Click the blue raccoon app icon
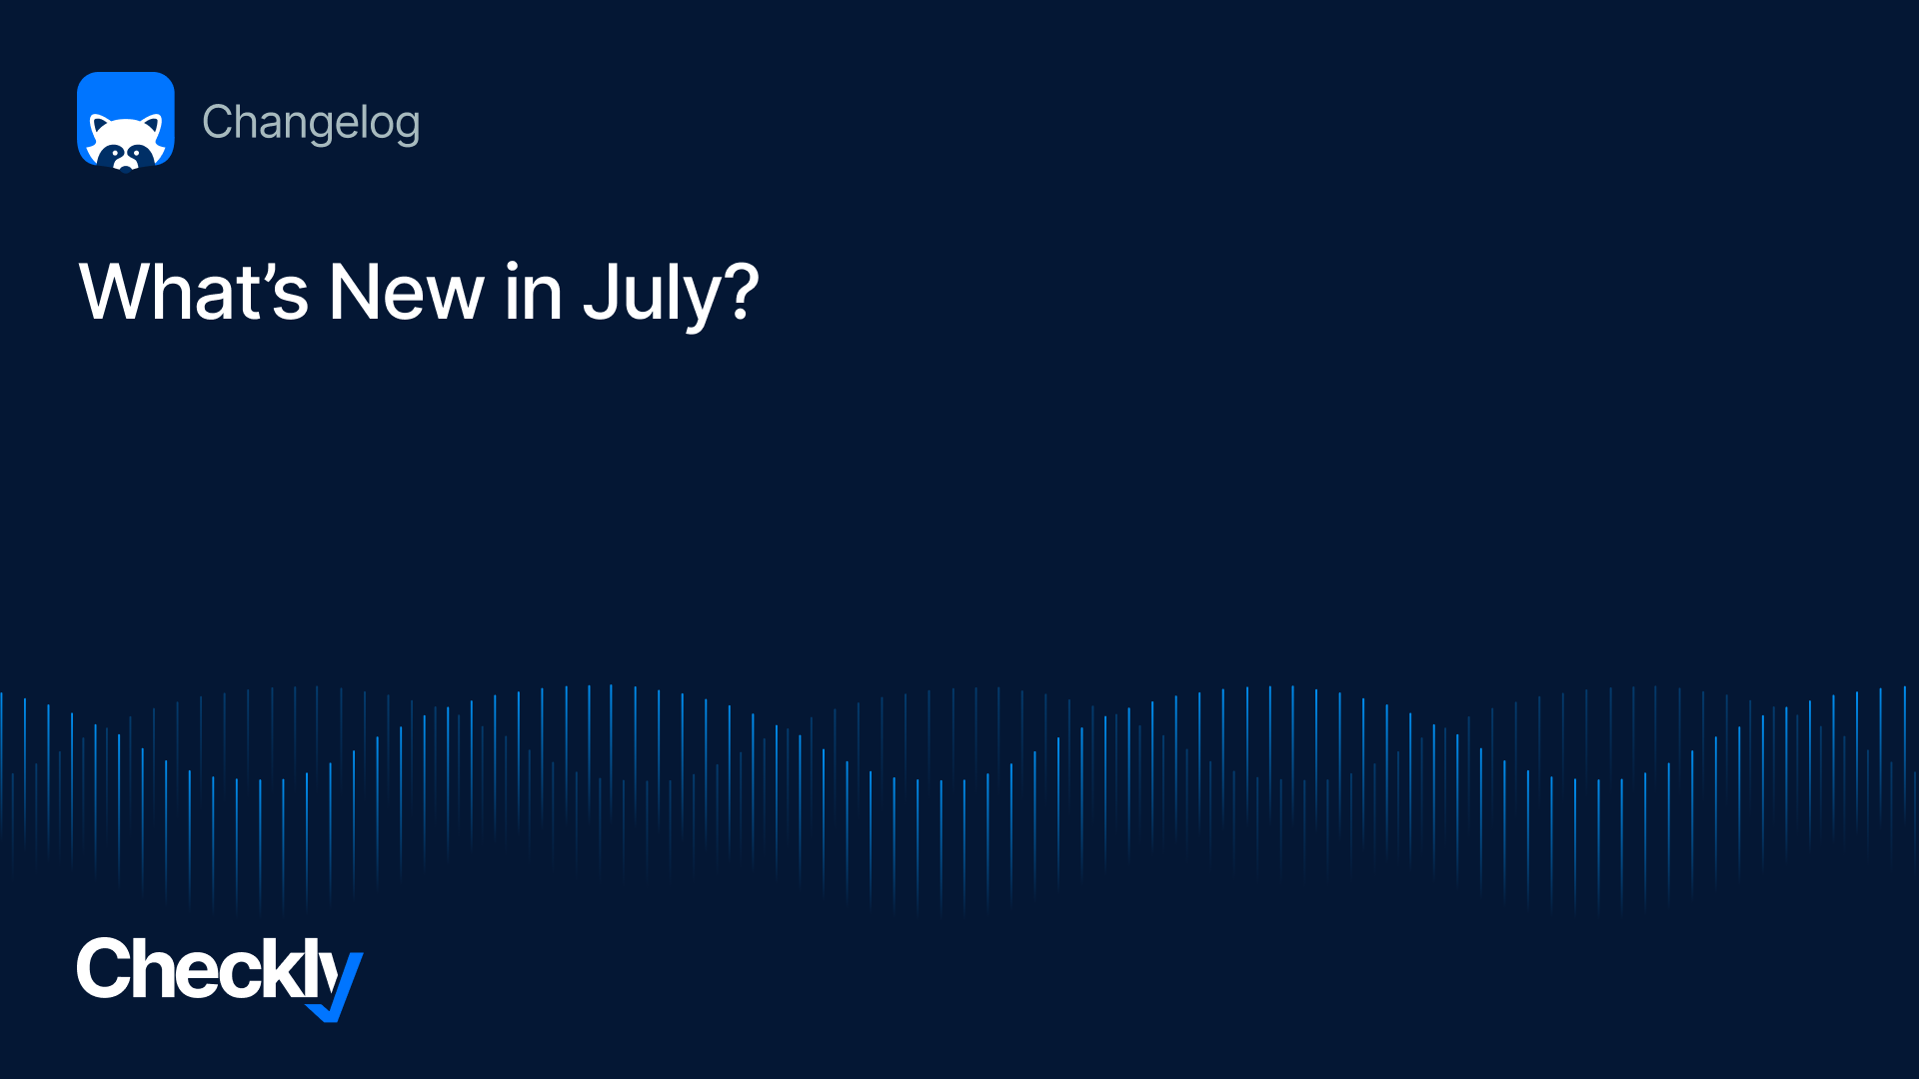pos(126,120)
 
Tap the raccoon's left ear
pos(100,126)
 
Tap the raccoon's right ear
pos(152,126)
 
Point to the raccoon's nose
pos(126,165)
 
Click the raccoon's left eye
pos(115,152)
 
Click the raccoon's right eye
pos(137,152)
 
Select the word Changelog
pos(311,124)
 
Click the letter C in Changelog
pos(218,122)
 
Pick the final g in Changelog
pos(407,128)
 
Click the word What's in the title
pos(194,292)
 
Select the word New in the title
pos(407,292)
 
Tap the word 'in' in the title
pos(534,292)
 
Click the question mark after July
pos(742,291)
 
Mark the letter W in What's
pos(121,291)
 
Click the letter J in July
pos(599,291)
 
